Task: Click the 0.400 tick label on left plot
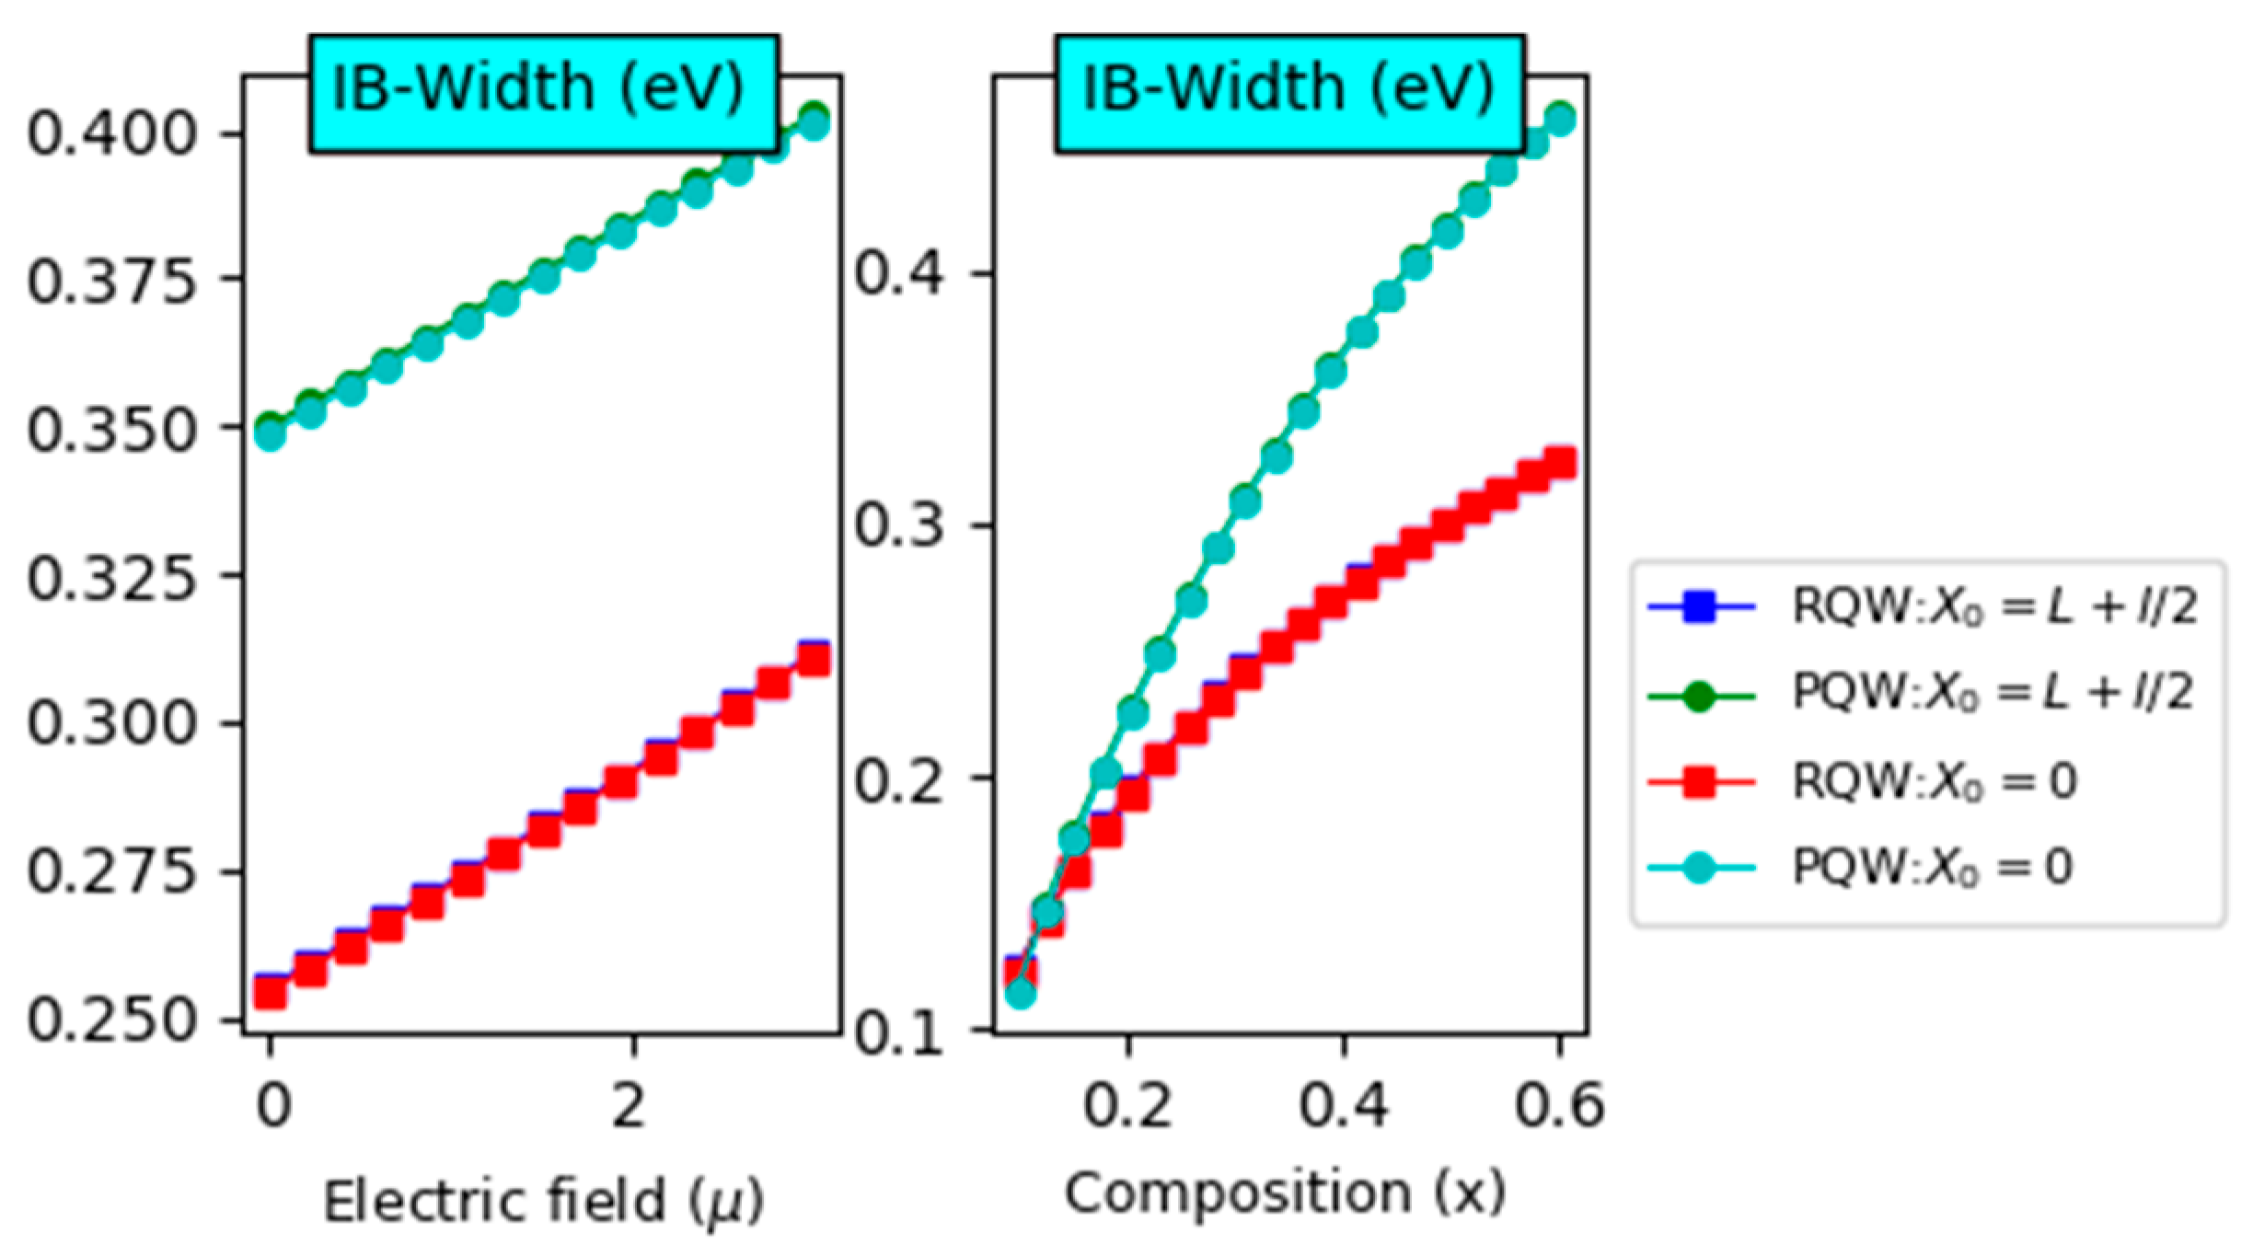[x=111, y=134]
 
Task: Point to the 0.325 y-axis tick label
[x=111, y=579]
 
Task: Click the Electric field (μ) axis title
[x=543, y=1202]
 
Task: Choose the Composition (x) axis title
[x=1285, y=1193]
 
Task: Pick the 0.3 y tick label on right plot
[x=898, y=525]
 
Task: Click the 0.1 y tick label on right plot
[x=898, y=1032]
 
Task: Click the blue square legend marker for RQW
[x=1699, y=607]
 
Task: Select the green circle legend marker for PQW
[x=1699, y=696]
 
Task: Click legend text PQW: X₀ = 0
[x=1933, y=867]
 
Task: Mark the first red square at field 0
[x=270, y=992]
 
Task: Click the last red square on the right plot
[x=1560, y=463]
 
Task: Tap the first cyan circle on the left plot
[x=270, y=434]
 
